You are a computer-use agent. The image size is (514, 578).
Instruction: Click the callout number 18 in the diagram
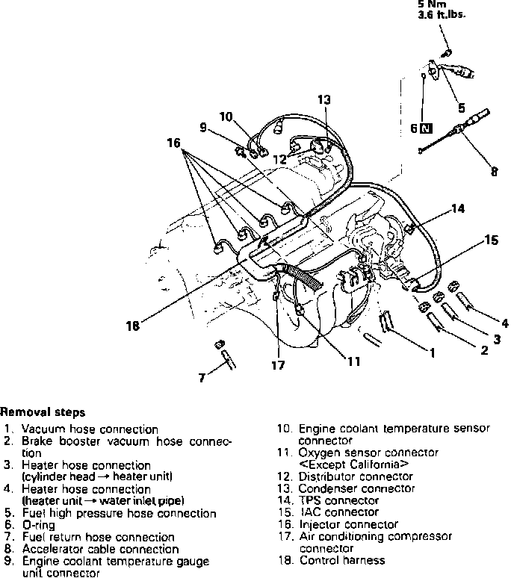tap(132, 326)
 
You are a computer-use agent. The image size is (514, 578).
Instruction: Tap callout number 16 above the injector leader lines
tap(175, 143)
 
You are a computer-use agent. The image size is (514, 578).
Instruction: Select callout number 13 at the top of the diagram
tap(323, 99)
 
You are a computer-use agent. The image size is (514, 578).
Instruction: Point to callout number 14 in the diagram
tap(459, 208)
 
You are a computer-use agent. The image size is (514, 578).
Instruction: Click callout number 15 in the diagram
tap(491, 240)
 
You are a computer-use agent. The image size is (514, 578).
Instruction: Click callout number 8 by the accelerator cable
tap(494, 171)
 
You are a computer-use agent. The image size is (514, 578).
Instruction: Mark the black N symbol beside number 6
tap(426, 128)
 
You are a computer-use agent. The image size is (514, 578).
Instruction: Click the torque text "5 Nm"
tap(433, 4)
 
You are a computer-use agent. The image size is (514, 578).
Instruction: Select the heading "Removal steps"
tap(43, 411)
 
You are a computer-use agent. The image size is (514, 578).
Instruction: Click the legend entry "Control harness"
tap(341, 560)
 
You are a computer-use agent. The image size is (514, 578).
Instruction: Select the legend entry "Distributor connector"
tap(355, 476)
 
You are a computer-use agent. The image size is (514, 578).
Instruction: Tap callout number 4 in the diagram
tap(505, 323)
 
